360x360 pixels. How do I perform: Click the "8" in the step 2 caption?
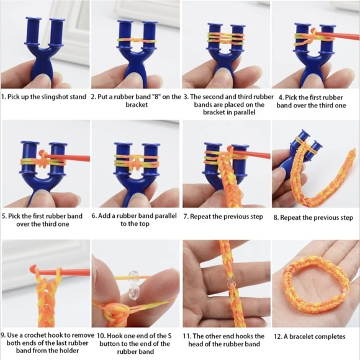pyautogui.click(x=156, y=97)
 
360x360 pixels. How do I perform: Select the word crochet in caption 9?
pyautogui.click(x=35, y=335)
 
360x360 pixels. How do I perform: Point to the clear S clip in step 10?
pyautogui.click(x=134, y=285)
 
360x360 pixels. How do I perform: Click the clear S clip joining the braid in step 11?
pyautogui.click(x=230, y=282)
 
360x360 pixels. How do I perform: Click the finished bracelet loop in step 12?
pyautogui.click(x=316, y=287)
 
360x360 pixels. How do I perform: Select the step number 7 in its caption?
pyautogui.click(x=186, y=217)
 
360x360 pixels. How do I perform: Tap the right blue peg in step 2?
pyautogui.click(x=150, y=34)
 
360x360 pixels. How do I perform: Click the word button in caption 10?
pyautogui.click(x=110, y=344)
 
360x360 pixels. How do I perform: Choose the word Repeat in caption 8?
pyautogui.click(x=290, y=218)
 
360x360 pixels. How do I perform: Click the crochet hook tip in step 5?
pyautogui.click(x=42, y=153)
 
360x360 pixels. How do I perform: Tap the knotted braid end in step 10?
pyautogui.click(x=112, y=312)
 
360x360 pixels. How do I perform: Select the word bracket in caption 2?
pyautogui.click(x=137, y=105)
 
